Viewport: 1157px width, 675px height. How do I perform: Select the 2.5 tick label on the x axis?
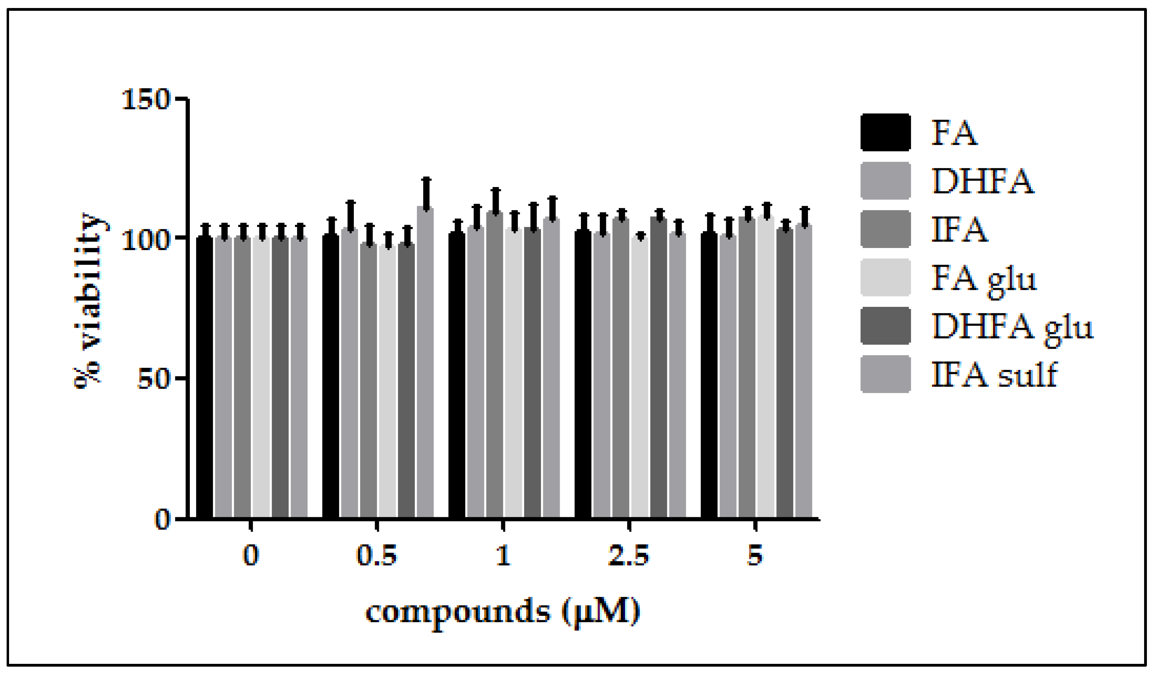click(x=629, y=557)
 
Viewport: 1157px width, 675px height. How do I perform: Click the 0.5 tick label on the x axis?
click(x=376, y=557)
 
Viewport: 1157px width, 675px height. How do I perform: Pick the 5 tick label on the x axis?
click(x=755, y=557)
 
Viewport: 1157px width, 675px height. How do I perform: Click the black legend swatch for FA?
click(x=885, y=132)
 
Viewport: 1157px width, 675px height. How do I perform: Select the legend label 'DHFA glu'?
click(x=1012, y=327)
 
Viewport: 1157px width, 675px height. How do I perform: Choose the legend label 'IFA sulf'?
click(x=994, y=375)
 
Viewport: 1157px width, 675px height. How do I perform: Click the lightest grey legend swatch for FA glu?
click(x=885, y=277)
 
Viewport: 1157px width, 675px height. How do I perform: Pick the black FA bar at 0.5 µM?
click(x=331, y=377)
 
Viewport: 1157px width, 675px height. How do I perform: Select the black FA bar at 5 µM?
click(x=709, y=377)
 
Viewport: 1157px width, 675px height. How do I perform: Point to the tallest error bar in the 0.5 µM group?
click(x=426, y=193)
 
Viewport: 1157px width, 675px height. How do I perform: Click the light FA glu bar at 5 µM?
click(x=766, y=367)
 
